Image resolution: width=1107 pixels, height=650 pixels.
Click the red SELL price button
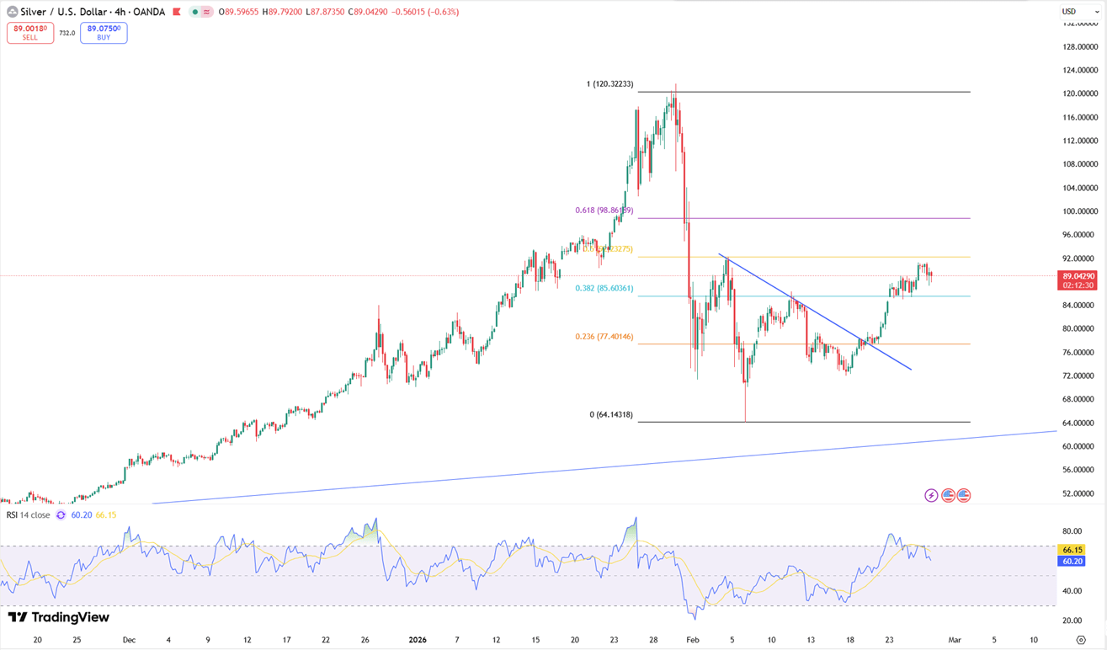(x=30, y=33)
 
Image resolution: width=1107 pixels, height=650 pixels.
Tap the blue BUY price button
(x=104, y=33)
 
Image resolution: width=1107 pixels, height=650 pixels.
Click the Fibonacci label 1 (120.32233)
(x=609, y=84)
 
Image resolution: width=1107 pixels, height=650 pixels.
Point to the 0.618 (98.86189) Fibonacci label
(x=604, y=210)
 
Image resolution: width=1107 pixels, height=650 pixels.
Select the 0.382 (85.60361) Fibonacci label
(x=604, y=288)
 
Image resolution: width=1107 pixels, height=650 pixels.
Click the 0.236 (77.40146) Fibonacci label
(x=604, y=337)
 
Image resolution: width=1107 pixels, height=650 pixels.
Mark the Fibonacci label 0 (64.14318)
(x=610, y=415)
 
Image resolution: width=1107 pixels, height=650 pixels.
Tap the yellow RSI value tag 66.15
(x=1071, y=549)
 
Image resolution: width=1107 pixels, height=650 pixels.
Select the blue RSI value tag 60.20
(x=1071, y=560)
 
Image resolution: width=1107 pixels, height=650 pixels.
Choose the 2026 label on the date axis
(x=417, y=640)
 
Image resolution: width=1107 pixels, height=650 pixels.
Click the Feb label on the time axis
(x=693, y=640)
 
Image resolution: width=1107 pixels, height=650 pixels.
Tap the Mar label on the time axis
(x=954, y=640)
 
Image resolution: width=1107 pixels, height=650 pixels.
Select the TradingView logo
(x=59, y=618)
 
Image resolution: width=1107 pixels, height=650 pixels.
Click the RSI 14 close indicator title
(x=29, y=514)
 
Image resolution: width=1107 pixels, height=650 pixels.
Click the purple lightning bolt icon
(x=931, y=495)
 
